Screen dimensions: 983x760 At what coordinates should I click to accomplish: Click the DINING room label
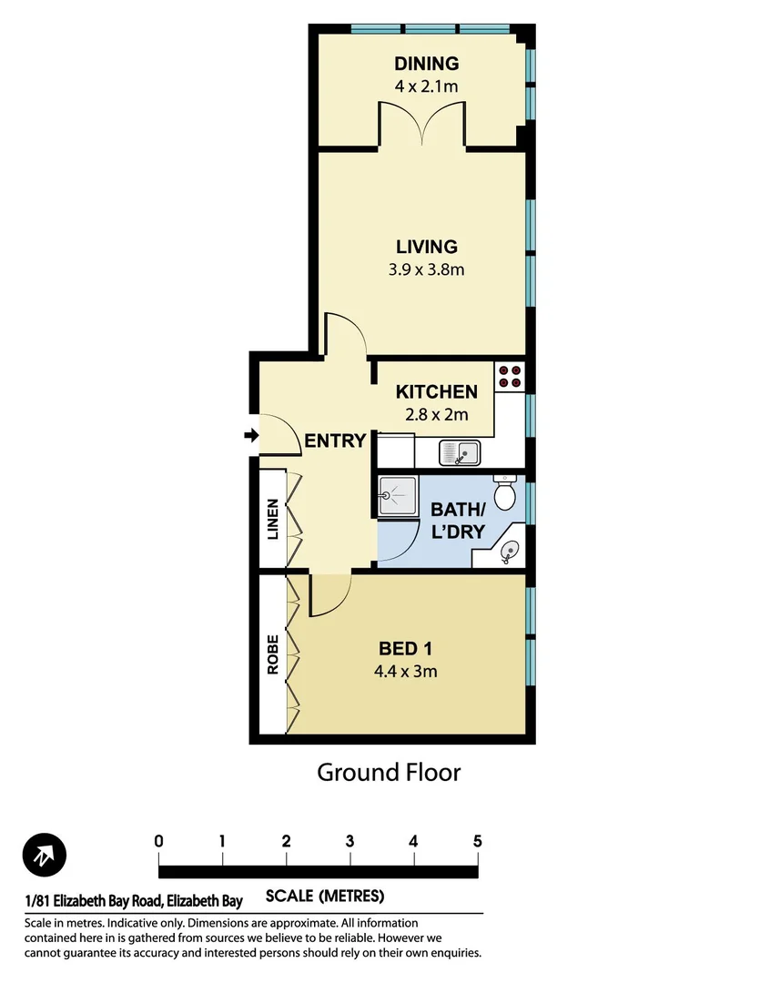tap(426, 64)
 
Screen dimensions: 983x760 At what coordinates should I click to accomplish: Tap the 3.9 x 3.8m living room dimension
tap(426, 269)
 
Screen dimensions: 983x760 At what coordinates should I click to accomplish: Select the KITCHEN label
tap(436, 392)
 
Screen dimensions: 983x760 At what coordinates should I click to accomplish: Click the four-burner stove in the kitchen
tap(510, 378)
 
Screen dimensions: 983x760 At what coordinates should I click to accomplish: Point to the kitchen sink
tap(460, 451)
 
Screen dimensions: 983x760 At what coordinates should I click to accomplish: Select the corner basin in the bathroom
tap(509, 549)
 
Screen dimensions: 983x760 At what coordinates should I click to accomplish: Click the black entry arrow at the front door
tap(251, 437)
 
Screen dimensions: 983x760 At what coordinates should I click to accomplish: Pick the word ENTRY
tap(335, 441)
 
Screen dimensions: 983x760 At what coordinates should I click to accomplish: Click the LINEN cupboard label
tap(272, 520)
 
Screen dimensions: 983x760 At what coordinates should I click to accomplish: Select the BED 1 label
tap(405, 649)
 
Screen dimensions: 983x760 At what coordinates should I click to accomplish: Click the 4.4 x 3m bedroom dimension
tap(405, 673)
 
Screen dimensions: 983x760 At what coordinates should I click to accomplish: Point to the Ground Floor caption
tap(389, 773)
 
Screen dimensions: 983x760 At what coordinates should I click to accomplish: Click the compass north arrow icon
tap(45, 856)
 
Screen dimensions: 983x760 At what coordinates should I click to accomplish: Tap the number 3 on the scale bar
tap(350, 841)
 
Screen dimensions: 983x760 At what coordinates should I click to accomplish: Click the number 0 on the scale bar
tap(159, 841)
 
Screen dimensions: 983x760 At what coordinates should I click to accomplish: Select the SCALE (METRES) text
tap(325, 896)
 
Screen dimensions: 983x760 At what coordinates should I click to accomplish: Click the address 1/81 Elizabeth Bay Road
tap(134, 902)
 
